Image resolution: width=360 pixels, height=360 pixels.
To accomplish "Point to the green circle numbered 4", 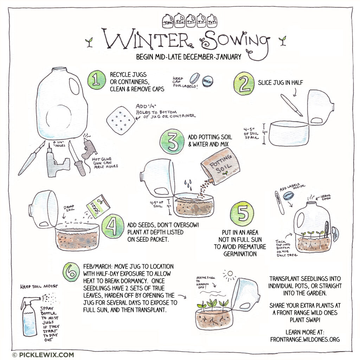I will point(113,227).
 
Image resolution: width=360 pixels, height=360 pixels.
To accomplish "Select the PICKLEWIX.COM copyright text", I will point(43,355).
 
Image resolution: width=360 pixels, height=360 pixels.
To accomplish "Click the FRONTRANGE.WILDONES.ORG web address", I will point(305,339).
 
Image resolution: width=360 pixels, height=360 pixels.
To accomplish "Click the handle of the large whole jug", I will point(75,86).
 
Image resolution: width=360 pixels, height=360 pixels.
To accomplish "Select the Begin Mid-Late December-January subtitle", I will point(189,57).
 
